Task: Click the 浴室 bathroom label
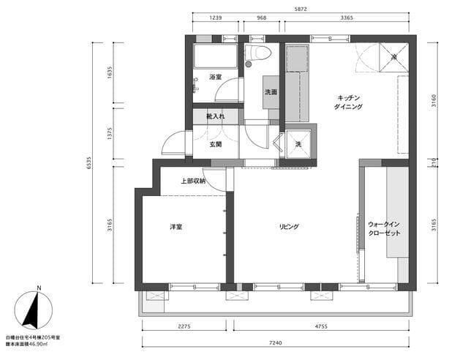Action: tap(215, 77)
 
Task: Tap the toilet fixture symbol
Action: tap(257, 53)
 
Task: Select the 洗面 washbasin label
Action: tap(271, 92)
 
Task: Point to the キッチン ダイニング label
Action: tap(350, 102)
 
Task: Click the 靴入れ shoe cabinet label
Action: tap(215, 116)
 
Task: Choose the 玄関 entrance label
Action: tap(215, 144)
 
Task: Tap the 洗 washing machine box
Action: tap(299, 143)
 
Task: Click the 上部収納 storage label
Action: tap(193, 181)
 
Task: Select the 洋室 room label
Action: tap(176, 228)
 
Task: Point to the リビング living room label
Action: tap(289, 227)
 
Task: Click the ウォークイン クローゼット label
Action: tap(384, 228)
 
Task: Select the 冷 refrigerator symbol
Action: tap(393, 57)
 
